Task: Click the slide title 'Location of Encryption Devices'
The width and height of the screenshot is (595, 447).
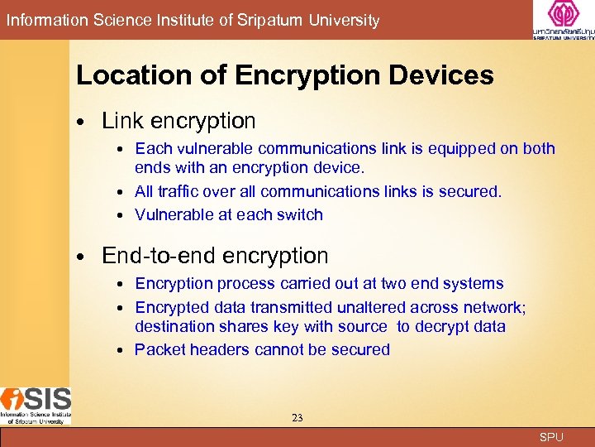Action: click(x=284, y=76)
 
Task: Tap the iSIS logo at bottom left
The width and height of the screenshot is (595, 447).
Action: click(x=36, y=405)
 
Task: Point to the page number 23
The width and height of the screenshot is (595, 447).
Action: click(x=297, y=418)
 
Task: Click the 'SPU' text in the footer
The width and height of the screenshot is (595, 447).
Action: click(x=551, y=437)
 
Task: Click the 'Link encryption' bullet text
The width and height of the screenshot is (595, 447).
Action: click(x=178, y=121)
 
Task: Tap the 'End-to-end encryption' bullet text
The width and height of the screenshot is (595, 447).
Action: click(x=215, y=256)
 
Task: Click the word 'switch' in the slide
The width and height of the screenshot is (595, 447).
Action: click(x=301, y=214)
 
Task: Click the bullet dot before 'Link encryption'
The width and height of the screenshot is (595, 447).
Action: click(x=83, y=123)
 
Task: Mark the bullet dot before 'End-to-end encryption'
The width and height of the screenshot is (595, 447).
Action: click(x=83, y=257)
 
